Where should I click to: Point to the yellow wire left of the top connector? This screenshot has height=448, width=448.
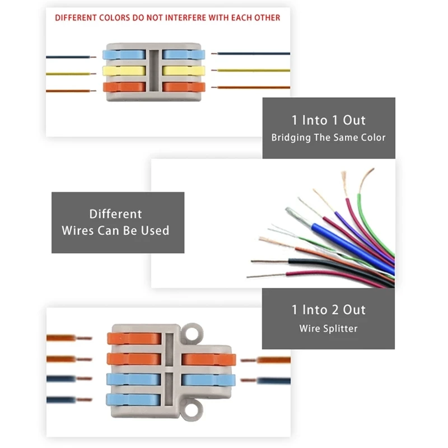coord(67,73)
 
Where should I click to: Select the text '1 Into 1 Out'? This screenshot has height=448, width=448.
coord(329,120)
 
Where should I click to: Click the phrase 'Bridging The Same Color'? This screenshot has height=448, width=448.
coord(329,137)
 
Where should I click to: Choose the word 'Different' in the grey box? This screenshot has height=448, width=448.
coord(116,214)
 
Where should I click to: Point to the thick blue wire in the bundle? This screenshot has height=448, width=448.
coord(347,246)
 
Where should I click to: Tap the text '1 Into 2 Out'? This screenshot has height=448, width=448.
coord(329,310)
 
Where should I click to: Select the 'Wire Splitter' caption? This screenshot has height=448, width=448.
coord(328,328)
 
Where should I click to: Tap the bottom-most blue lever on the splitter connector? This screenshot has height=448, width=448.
coord(134,400)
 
